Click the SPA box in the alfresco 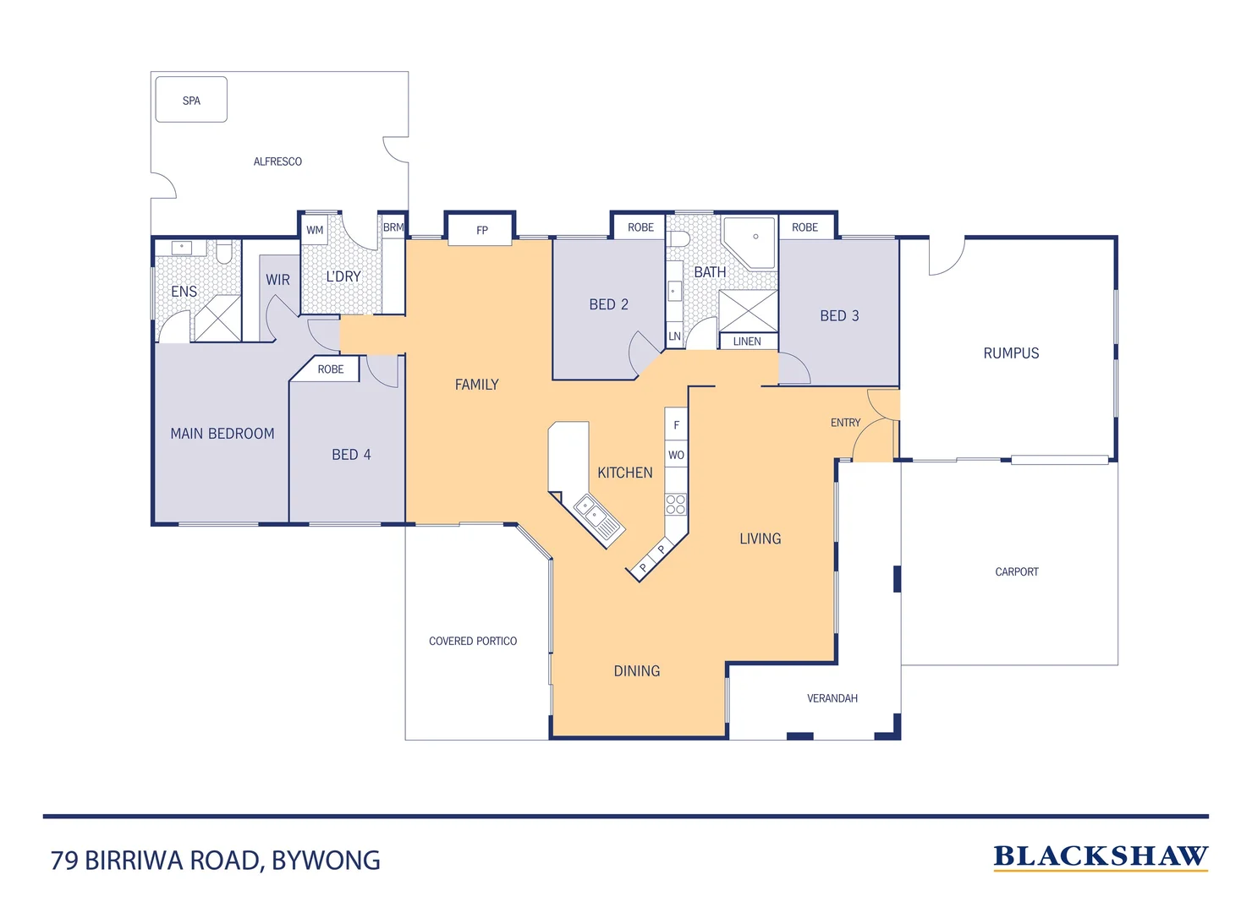coord(191,100)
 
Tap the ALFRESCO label coord(277,161)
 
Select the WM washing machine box coord(315,230)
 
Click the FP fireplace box coord(481,230)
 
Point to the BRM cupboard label coord(393,227)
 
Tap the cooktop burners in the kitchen coord(675,505)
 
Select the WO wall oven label coord(676,455)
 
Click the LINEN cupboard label coord(747,342)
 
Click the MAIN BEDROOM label coord(222,434)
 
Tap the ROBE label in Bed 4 coord(331,369)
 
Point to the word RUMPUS coord(1011,353)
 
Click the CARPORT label coord(1017,572)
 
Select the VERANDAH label coord(832,698)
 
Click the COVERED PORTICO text coord(473,642)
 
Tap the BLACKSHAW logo coord(1100,857)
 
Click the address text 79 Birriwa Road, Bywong coord(216,861)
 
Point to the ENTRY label coord(845,423)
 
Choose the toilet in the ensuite coord(224,251)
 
